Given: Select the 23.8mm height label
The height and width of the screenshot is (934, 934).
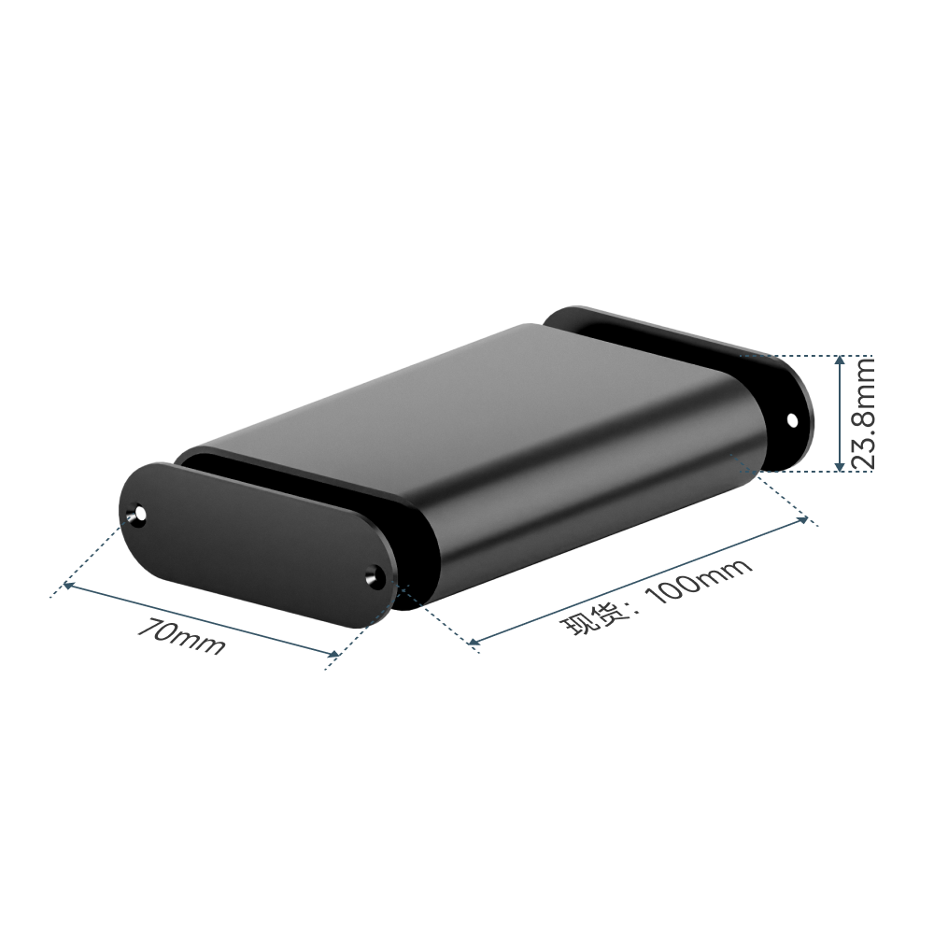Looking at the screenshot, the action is click(x=862, y=413).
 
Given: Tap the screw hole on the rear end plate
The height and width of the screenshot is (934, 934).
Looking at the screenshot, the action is click(x=792, y=420).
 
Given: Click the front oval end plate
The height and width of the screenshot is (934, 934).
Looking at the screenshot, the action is click(x=259, y=543).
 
